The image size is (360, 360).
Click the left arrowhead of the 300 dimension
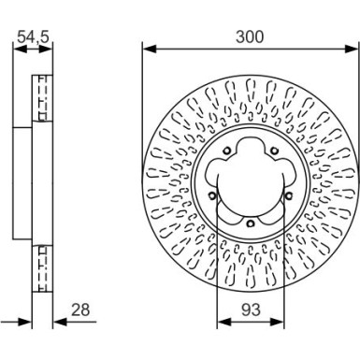[x=148, y=48]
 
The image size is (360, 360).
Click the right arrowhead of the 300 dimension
[x=354, y=48]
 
